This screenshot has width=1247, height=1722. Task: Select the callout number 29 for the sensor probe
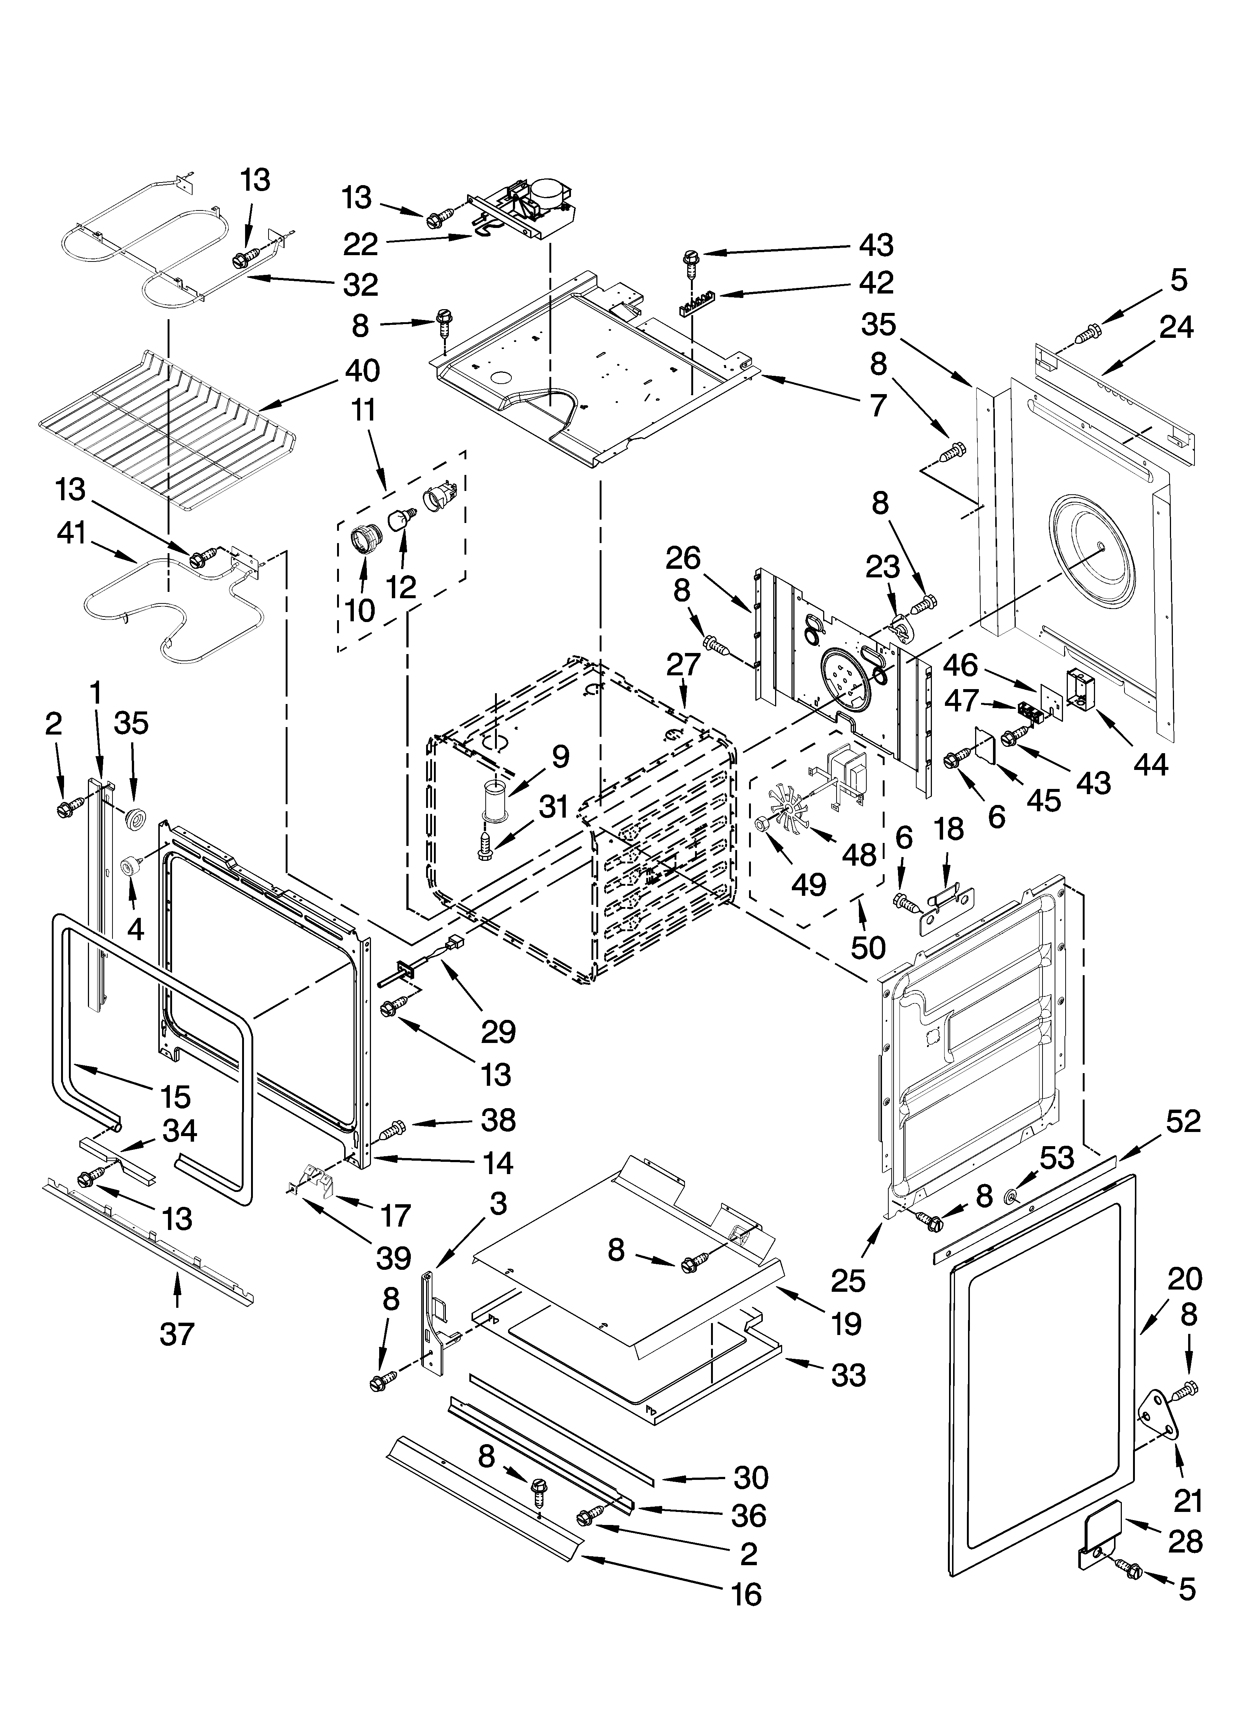pos(498,1031)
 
